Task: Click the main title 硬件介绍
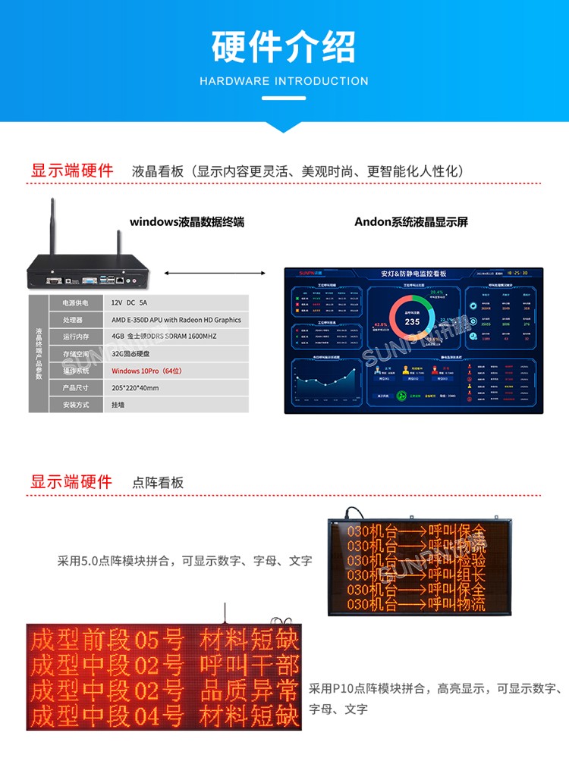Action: [284, 46]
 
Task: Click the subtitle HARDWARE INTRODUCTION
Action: [284, 81]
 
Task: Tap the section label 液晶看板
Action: [158, 171]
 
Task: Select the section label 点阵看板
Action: [158, 483]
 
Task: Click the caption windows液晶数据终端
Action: [187, 222]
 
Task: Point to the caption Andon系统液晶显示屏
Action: [411, 222]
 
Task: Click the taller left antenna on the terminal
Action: [54, 227]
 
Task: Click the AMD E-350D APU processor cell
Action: [176, 320]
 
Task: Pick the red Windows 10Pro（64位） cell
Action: [146, 371]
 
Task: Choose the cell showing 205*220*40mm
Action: [135, 388]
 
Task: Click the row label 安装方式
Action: [76, 406]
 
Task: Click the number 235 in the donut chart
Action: [412, 321]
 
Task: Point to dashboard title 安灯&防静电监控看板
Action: [413, 273]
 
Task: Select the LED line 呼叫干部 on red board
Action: [248, 666]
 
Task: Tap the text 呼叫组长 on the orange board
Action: [456, 575]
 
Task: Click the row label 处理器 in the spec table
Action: [76, 320]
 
